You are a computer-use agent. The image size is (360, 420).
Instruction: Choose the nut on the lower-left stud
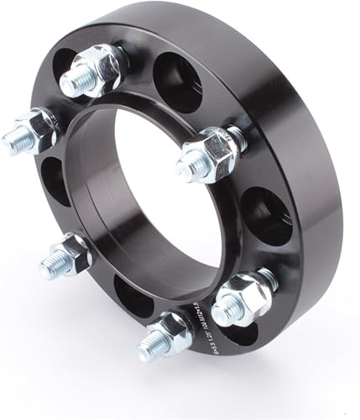[74, 250]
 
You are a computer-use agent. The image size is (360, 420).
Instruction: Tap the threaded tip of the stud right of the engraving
[223, 312]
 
